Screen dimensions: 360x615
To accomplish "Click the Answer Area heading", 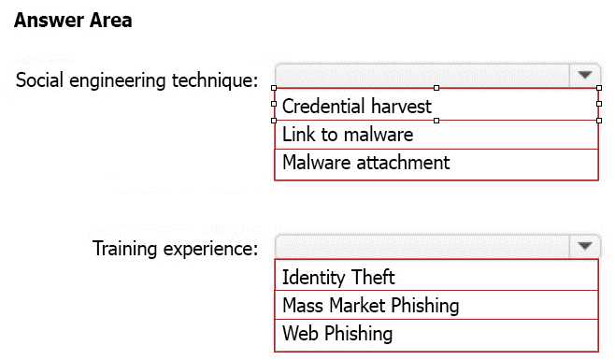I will [74, 21].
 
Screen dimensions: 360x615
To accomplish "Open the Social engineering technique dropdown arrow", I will [584, 76].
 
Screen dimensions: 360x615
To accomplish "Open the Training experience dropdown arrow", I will [584, 246].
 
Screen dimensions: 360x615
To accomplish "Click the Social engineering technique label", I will [136, 79].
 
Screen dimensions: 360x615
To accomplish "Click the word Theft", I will [373, 277].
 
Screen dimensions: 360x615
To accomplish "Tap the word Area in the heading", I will [110, 21].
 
